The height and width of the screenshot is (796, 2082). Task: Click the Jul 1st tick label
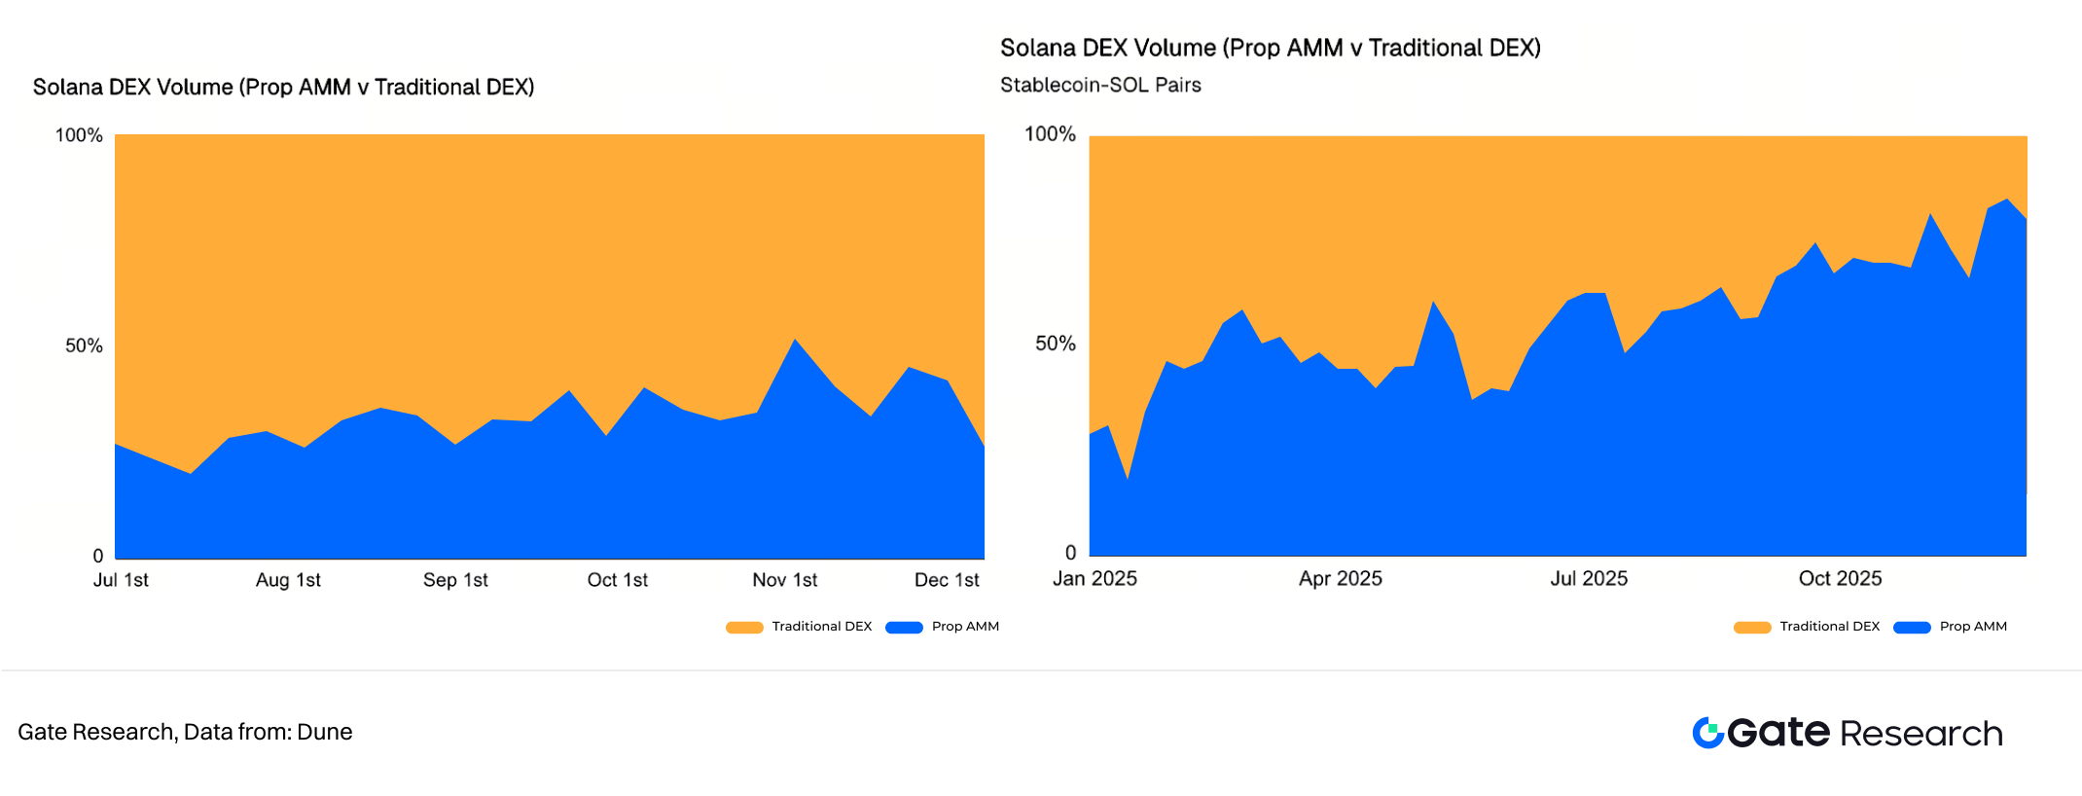point(121,580)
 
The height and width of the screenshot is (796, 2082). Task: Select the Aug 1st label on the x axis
point(288,580)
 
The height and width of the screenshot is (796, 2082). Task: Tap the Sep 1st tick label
point(455,580)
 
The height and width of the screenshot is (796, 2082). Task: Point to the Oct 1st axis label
point(617,580)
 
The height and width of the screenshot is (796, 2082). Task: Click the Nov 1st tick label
point(784,580)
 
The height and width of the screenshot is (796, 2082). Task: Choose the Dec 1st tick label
point(947,580)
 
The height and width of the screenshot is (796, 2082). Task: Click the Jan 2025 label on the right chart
point(1095,578)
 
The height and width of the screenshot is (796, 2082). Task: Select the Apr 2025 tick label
point(1340,578)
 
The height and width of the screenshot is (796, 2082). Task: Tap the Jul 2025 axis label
point(1589,578)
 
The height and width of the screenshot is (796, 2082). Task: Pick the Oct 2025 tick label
point(1840,578)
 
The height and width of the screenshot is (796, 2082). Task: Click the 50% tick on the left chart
point(84,346)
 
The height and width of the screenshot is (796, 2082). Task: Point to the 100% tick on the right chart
point(1050,134)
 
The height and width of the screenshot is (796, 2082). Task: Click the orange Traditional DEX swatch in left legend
point(744,628)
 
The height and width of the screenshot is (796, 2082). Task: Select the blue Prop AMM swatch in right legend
point(1912,628)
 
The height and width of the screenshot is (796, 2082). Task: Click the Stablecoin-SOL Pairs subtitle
point(1100,86)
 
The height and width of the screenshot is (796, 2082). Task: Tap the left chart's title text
point(283,88)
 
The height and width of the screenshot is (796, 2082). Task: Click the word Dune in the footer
point(325,732)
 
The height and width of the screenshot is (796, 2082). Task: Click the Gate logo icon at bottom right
point(1707,733)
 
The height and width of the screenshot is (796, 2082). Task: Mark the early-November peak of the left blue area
point(795,340)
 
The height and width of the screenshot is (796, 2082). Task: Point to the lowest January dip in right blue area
point(1127,478)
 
